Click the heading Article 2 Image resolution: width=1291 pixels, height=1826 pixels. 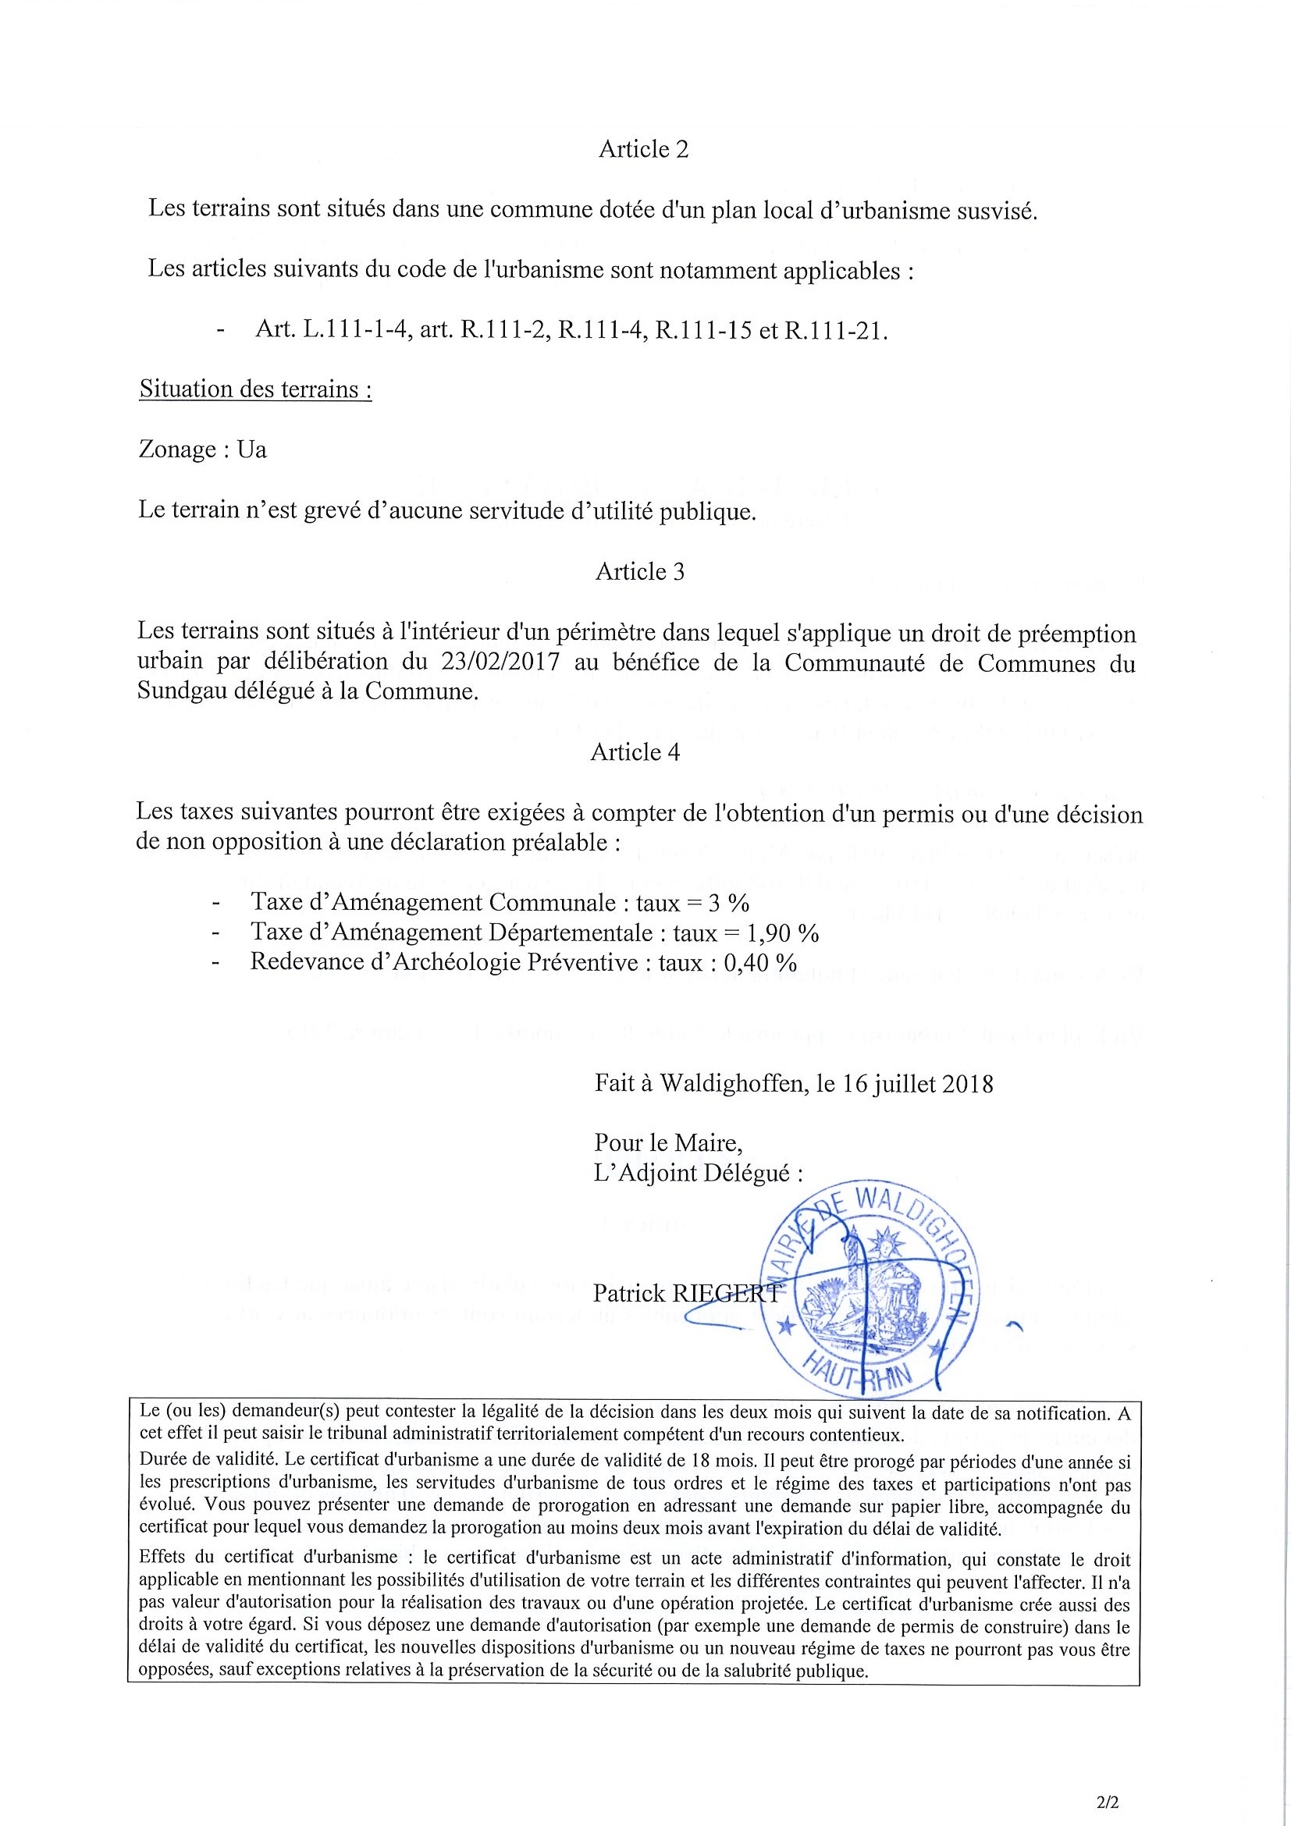pos(642,150)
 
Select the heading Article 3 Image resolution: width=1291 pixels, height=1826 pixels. pos(639,572)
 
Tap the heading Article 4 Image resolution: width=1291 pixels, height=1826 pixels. pos(635,752)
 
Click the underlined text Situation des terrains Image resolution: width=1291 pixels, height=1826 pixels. pos(254,389)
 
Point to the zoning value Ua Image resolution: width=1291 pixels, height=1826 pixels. pos(251,450)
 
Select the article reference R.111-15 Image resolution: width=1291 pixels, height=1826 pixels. pos(703,330)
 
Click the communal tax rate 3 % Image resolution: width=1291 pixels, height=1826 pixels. pos(727,903)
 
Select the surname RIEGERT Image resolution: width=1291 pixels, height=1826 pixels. pos(727,1294)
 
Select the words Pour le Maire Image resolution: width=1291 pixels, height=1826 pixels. pos(667,1144)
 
